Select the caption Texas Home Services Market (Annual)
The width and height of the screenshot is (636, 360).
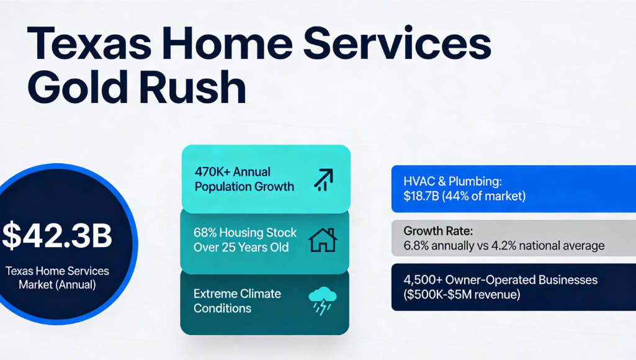tap(57, 277)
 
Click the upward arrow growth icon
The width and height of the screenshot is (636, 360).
tap(323, 178)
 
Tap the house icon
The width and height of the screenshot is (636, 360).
tap(323, 240)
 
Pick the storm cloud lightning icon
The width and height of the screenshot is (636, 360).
tap(323, 300)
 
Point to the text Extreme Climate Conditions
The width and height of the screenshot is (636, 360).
tap(237, 300)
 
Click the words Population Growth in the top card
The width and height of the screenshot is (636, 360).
tap(244, 186)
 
